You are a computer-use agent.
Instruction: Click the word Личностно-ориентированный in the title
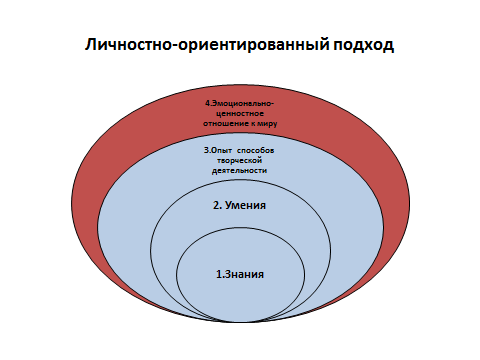pos(207,45)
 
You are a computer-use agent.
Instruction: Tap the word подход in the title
pos(364,45)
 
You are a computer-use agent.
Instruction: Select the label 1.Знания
pos(240,274)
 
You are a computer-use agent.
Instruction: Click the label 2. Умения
pos(239,205)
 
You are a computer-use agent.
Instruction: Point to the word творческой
pos(239,161)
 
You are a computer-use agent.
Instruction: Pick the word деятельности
pos(239,171)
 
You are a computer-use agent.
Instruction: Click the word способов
pos(256,151)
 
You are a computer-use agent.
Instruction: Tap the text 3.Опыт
pos(218,151)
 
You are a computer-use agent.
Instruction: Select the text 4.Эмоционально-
pos(239,103)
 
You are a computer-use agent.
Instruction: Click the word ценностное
pos(240,114)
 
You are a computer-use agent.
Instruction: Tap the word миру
pos(268,124)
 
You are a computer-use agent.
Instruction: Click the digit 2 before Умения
pos(216,205)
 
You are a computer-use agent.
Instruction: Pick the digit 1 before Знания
pos(218,274)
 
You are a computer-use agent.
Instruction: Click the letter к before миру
pos(253,124)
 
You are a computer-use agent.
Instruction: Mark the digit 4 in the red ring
pos(207,103)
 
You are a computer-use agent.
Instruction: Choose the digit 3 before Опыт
pos(206,151)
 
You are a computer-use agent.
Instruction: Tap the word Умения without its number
pos(245,205)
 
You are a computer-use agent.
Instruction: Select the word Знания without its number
pos(244,274)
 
